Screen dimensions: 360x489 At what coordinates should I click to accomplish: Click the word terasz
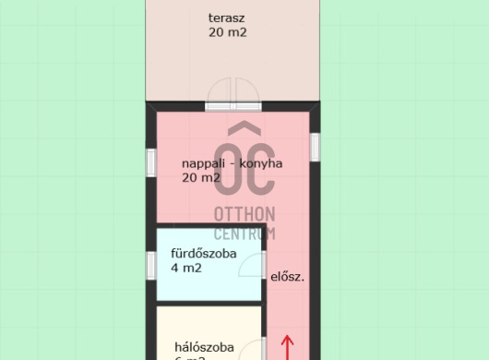pyautogui.click(x=227, y=18)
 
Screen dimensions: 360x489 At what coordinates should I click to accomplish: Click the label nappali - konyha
pyautogui.click(x=232, y=163)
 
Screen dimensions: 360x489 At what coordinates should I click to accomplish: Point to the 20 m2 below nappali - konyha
pyautogui.click(x=200, y=178)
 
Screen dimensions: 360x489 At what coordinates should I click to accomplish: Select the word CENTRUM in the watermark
pyautogui.click(x=244, y=233)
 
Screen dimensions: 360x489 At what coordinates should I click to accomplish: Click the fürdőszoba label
pyautogui.click(x=204, y=253)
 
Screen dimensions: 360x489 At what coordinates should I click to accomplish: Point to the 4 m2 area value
pyautogui.click(x=186, y=269)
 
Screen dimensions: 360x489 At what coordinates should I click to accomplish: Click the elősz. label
pyautogui.click(x=288, y=275)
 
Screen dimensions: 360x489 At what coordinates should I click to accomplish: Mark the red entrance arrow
pyautogui.click(x=287, y=347)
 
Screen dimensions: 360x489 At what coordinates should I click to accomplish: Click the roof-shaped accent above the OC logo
pyautogui.click(x=244, y=128)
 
